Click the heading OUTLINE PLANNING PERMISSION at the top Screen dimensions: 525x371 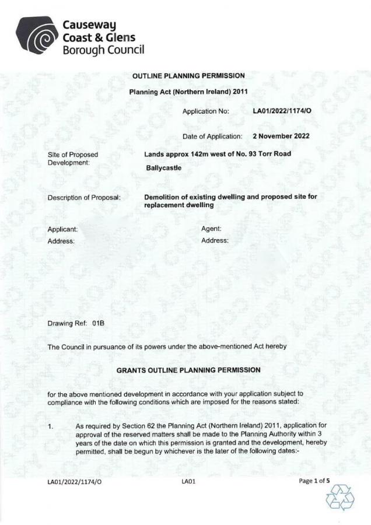click(188, 76)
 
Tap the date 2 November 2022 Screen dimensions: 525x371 click(281, 136)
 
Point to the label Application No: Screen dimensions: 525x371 click(206, 110)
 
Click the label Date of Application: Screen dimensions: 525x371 click(212, 136)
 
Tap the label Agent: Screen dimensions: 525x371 click(211, 229)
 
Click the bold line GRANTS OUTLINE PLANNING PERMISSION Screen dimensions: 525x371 click(188, 370)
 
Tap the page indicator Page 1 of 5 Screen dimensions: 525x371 click(314, 481)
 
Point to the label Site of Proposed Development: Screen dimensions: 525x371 click(72, 158)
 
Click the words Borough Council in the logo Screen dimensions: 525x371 click(103, 50)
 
